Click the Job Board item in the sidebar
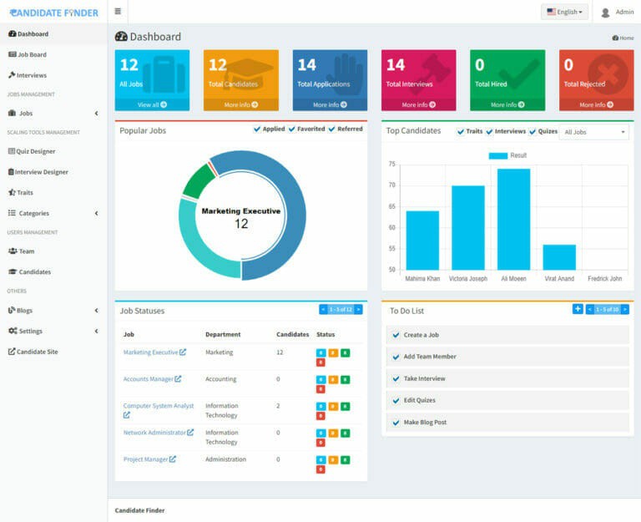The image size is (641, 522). (x=32, y=54)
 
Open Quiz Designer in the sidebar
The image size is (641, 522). (x=37, y=151)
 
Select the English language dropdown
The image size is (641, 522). (x=565, y=12)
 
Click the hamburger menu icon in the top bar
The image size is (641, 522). (x=118, y=12)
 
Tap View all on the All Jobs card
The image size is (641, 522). (x=152, y=104)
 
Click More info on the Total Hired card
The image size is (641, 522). (x=507, y=104)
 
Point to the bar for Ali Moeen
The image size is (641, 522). (x=513, y=219)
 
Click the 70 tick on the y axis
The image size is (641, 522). (x=391, y=185)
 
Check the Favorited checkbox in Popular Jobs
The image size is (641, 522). (x=292, y=129)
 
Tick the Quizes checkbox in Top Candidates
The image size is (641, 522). (x=532, y=131)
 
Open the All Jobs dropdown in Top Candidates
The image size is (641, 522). (x=594, y=132)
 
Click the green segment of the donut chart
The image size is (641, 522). (x=198, y=180)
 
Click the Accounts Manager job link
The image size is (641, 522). (x=149, y=379)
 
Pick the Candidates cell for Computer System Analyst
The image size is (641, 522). (x=278, y=406)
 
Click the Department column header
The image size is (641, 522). (x=223, y=334)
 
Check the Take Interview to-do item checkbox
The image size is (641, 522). (x=396, y=378)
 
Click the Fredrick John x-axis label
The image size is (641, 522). (x=604, y=278)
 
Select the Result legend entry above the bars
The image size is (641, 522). (x=507, y=155)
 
